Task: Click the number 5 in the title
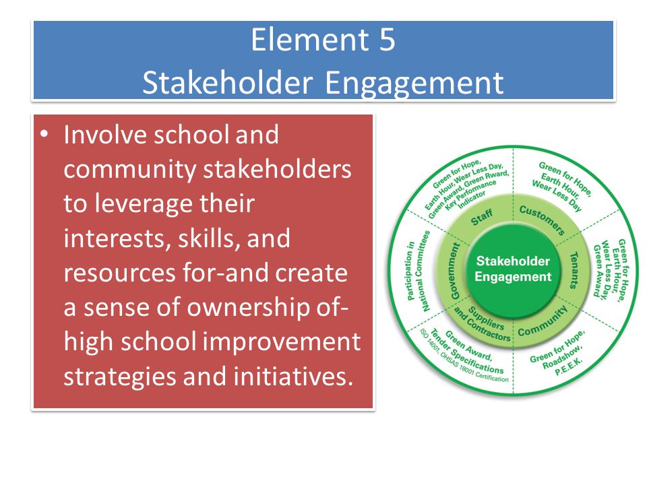(387, 40)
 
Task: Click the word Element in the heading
(310, 40)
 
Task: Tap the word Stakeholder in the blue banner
(227, 82)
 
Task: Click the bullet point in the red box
(44, 135)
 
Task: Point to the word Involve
(105, 135)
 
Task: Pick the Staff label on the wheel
(482, 217)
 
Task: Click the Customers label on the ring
(542, 220)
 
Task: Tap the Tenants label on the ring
(574, 270)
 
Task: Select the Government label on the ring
(454, 271)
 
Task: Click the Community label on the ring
(543, 321)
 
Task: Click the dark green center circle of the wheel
(513, 269)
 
